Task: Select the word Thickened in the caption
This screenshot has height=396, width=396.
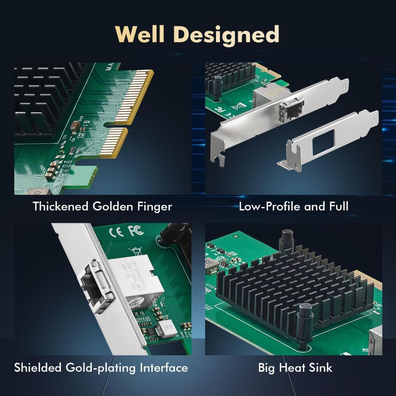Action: pyautogui.click(x=60, y=206)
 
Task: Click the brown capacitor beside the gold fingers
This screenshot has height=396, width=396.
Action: pyautogui.click(x=75, y=125)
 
